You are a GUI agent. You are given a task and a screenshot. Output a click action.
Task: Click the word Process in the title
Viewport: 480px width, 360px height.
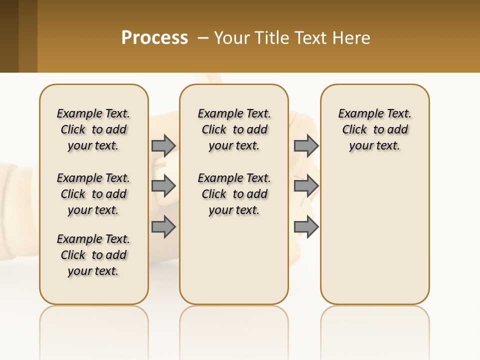pyautogui.click(x=154, y=38)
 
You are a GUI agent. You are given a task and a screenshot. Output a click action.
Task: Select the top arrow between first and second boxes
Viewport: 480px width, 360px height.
pyautogui.click(x=163, y=145)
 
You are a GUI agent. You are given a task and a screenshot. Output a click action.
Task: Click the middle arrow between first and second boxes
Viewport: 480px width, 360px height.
pyautogui.click(x=163, y=186)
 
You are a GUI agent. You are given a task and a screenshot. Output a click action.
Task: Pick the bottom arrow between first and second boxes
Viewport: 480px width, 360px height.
pyautogui.click(x=163, y=227)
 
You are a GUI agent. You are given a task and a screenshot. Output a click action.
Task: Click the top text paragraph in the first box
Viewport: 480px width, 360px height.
pyautogui.click(x=93, y=129)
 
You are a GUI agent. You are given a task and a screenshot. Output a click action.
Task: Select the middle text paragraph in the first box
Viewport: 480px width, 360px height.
pyautogui.click(x=93, y=194)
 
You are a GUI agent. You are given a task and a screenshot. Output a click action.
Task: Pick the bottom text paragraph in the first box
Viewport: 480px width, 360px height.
pyautogui.click(x=93, y=255)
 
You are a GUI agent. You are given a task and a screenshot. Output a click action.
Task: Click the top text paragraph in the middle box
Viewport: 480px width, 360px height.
pyautogui.click(x=234, y=129)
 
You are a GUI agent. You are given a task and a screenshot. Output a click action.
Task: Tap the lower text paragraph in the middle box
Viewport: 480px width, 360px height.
pyautogui.click(x=234, y=194)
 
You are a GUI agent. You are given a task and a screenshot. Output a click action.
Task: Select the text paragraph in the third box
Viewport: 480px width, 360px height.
pyautogui.click(x=374, y=129)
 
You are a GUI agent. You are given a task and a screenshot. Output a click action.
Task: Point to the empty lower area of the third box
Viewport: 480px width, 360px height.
pyautogui.click(x=374, y=235)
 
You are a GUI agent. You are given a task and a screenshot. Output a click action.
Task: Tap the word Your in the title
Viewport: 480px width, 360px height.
pyautogui.click(x=229, y=38)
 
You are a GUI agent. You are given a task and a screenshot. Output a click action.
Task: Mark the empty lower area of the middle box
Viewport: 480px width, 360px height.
pyautogui.click(x=234, y=265)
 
